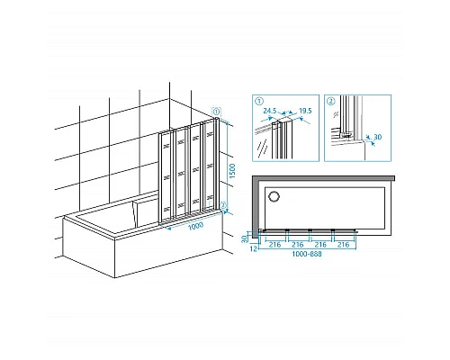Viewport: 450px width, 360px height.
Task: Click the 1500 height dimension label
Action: coord(232,171)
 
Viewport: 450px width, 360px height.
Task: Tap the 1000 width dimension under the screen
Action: coord(195,226)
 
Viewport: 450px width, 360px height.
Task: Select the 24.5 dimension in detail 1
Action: coord(270,111)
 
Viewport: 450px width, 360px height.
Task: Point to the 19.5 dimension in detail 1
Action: coord(305,111)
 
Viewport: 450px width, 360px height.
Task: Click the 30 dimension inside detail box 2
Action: coord(378,137)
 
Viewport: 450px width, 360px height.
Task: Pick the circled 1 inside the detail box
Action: coord(259,101)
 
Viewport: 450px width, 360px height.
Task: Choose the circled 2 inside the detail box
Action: coord(331,101)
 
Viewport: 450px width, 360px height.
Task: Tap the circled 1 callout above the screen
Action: coord(216,112)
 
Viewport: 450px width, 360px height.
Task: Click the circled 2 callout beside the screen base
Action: coord(223,205)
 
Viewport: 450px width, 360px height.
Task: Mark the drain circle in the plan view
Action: coord(274,196)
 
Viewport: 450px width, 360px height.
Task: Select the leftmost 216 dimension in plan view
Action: coord(274,245)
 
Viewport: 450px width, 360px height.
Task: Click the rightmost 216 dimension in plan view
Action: coord(343,245)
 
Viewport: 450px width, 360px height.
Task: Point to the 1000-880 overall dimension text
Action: coord(307,254)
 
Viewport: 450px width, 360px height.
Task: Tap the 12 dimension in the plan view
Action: coord(254,248)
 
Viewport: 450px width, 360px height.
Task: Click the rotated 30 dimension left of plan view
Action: coord(245,238)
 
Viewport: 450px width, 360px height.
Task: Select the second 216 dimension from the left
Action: coord(298,245)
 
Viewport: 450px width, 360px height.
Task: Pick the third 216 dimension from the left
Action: coord(320,245)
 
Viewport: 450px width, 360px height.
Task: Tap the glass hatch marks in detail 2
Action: coord(336,114)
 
